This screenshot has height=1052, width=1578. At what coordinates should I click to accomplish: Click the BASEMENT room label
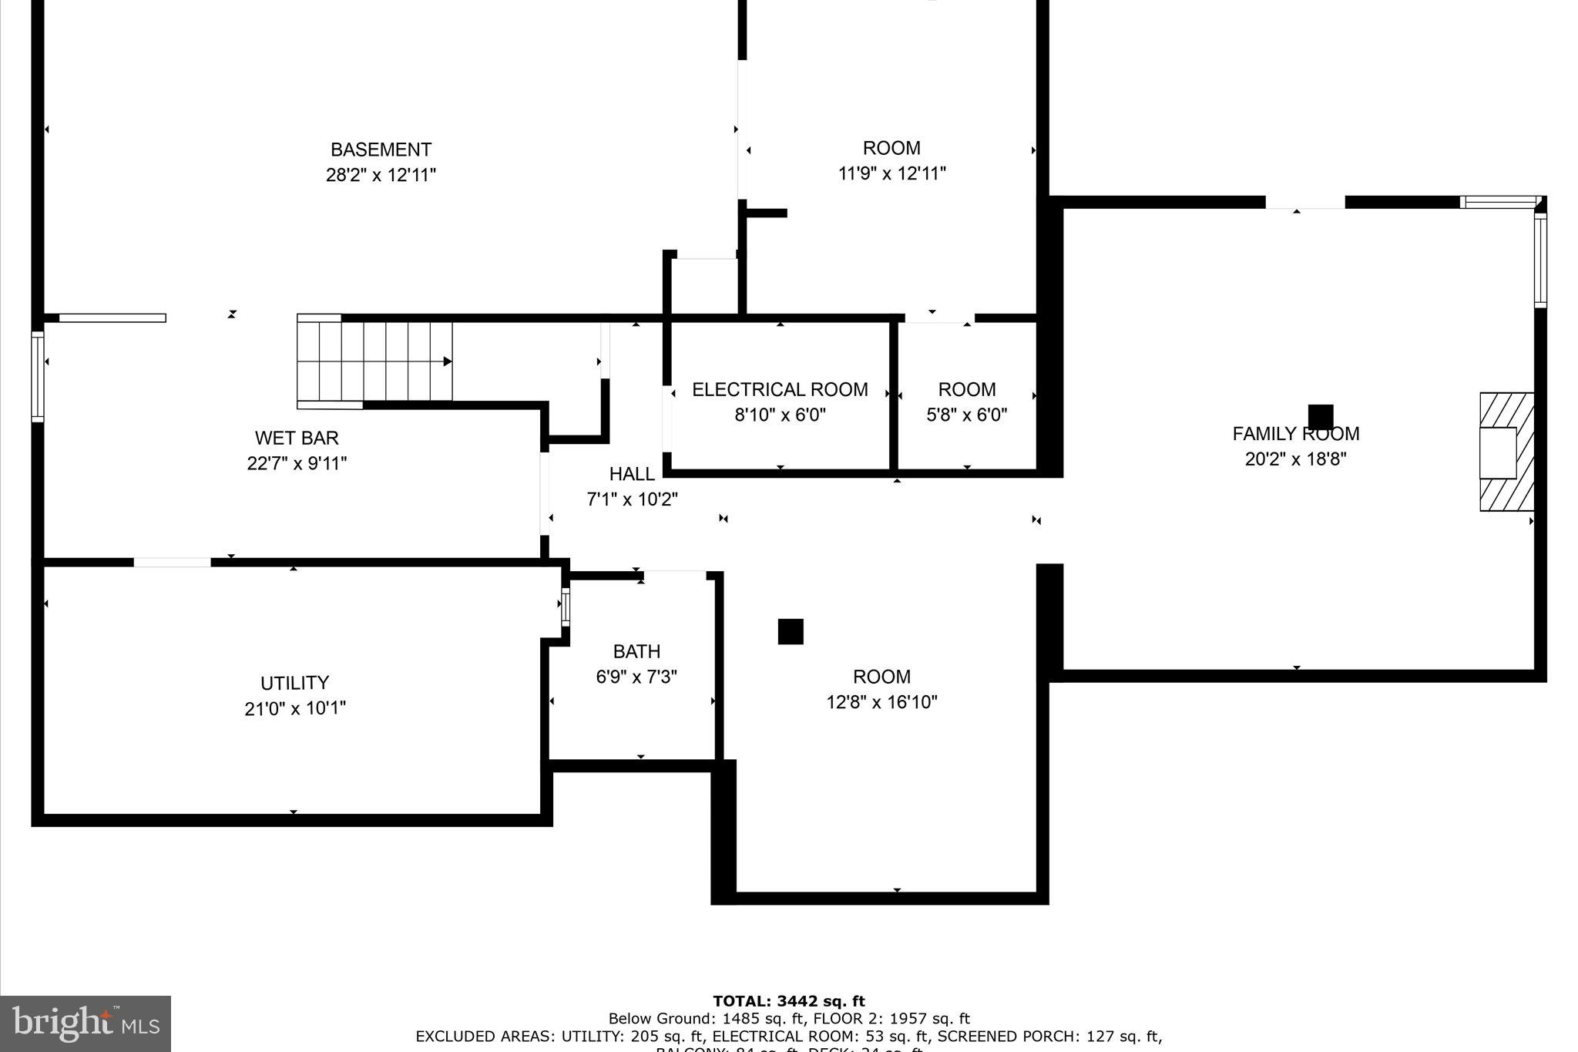(381, 150)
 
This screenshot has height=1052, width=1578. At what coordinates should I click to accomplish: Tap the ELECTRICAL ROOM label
(780, 390)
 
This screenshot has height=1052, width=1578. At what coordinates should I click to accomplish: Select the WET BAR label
(297, 439)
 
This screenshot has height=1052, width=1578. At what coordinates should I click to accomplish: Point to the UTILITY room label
(294, 683)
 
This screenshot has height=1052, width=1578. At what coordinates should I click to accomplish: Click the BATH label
(636, 652)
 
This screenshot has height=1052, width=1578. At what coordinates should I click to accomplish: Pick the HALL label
(632, 474)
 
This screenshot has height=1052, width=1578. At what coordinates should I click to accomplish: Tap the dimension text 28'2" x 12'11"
(381, 175)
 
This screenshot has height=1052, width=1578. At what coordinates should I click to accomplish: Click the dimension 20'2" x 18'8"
(1295, 459)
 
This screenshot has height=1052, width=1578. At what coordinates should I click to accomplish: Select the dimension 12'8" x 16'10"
(881, 702)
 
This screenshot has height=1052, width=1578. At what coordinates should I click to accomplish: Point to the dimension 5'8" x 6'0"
(966, 415)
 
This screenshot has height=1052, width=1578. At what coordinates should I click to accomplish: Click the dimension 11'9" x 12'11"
(891, 173)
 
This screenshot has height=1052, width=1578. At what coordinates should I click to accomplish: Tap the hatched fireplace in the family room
(1506, 452)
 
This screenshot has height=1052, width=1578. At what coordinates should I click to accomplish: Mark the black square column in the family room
(1320, 416)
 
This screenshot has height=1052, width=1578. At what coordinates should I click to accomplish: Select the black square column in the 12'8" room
(791, 631)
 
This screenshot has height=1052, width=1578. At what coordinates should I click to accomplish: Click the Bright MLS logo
(86, 1023)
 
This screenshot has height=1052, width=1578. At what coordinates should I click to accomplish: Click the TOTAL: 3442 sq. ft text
(788, 1001)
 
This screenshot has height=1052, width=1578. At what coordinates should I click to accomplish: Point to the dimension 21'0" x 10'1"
(294, 708)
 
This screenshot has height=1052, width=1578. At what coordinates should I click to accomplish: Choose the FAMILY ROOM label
(1295, 434)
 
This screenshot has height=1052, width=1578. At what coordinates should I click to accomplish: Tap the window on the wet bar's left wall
(37, 377)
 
